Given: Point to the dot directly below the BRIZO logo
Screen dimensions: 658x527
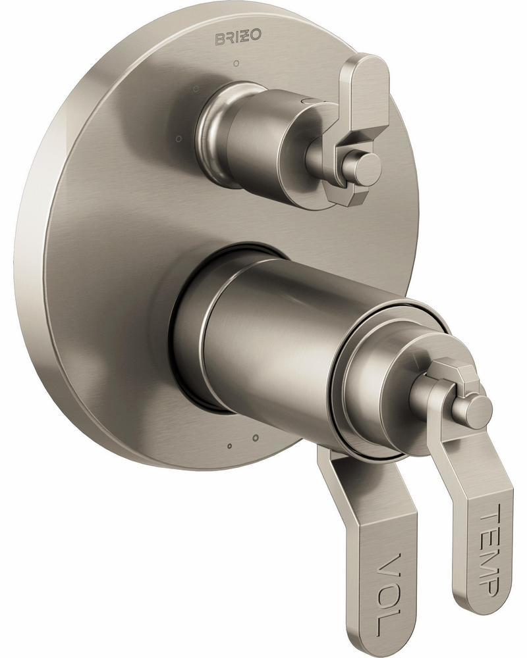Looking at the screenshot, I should pos(236,64).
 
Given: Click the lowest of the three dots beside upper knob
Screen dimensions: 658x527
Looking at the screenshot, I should pos(177,139).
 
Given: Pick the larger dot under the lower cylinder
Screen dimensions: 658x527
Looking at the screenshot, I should pos(255,438).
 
